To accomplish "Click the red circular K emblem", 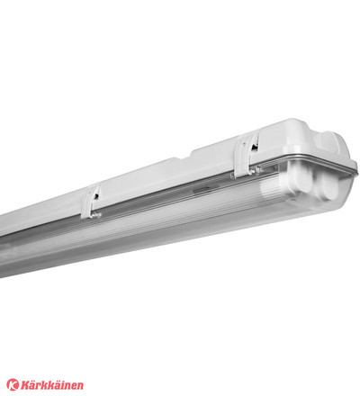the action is point(13,384).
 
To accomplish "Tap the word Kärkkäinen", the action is point(52,385).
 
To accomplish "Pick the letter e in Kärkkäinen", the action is point(74,386).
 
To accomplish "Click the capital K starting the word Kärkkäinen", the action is point(24,385).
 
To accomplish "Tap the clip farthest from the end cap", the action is point(91,202).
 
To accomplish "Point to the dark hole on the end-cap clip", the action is point(255,147).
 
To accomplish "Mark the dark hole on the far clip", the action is point(96,196).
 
